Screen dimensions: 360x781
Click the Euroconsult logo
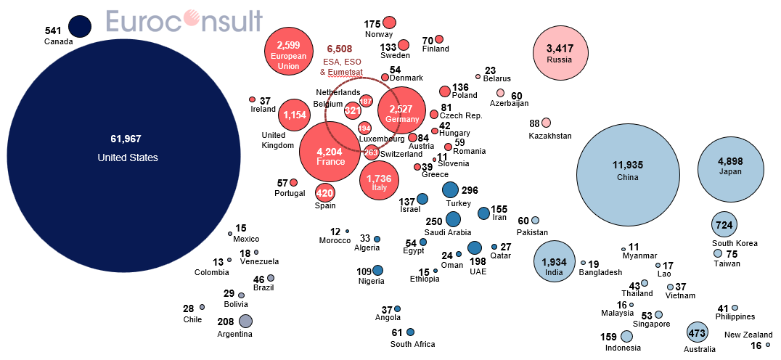(x=184, y=22)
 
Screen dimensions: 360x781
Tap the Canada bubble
(x=80, y=27)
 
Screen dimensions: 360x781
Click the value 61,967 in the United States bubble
(x=127, y=139)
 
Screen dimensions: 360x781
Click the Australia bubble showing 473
(x=698, y=333)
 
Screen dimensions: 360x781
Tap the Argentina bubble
(x=245, y=321)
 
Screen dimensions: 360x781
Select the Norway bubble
(x=390, y=22)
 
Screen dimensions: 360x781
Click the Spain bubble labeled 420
(x=324, y=193)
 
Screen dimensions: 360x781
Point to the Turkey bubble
(x=451, y=190)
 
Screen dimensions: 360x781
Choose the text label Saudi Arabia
(x=447, y=233)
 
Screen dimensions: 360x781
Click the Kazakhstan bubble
(x=546, y=123)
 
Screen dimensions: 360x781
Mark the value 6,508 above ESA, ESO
(x=339, y=49)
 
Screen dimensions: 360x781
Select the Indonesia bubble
(x=626, y=337)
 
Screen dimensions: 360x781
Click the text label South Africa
(x=413, y=344)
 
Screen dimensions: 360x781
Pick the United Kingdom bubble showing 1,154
(x=294, y=115)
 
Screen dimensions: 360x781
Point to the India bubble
(x=555, y=261)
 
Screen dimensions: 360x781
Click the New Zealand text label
(x=748, y=335)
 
